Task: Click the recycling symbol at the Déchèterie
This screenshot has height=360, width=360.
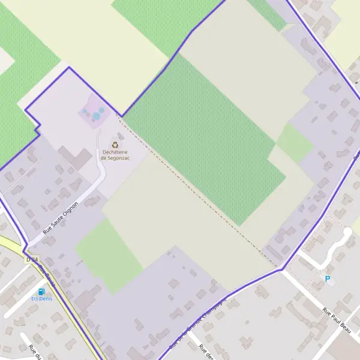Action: (115, 143)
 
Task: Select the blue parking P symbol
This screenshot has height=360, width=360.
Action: (328, 278)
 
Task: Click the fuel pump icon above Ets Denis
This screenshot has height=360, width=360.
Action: (41, 291)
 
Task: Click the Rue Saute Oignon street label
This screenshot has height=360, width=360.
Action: (61, 217)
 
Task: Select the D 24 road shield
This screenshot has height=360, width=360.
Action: (32, 260)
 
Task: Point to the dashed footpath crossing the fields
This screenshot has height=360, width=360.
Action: (198, 192)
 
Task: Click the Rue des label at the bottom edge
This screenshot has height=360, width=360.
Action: (206, 352)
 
